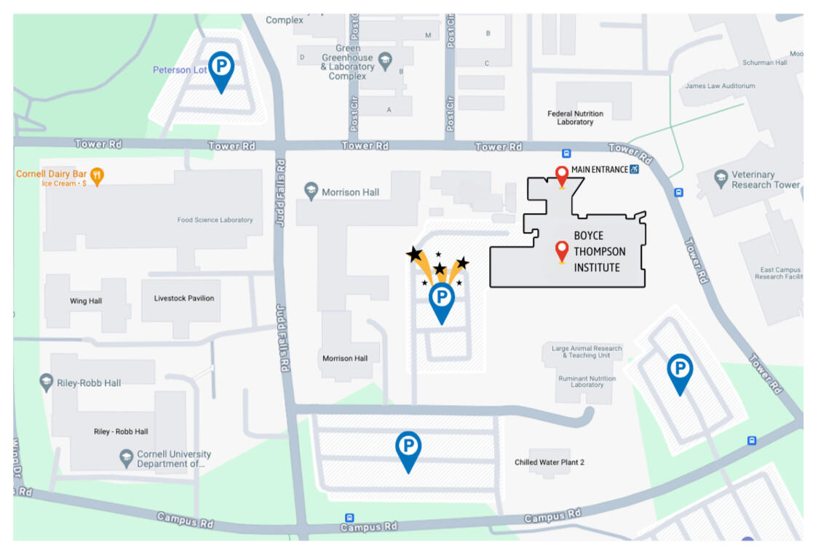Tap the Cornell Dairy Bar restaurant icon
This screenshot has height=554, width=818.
click(97, 175)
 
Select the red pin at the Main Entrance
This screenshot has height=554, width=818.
click(561, 175)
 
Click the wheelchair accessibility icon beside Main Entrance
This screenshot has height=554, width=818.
click(635, 169)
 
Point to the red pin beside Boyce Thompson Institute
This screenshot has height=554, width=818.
click(561, 250)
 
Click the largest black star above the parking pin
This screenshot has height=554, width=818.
click(414, 254)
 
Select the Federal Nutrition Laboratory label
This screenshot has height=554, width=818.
click(575, 118)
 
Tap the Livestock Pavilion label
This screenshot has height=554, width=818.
click(184, 298)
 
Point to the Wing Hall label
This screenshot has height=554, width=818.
click(86, 301)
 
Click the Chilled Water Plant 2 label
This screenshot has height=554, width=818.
click(549, 462)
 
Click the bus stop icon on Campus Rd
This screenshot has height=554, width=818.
click(350, 518)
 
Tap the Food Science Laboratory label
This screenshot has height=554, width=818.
click(215, 220)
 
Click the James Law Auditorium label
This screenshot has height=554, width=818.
click(720, 86)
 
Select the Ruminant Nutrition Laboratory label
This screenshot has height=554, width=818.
click(587, 381)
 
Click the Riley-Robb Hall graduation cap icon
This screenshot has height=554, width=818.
click(47, 382)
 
